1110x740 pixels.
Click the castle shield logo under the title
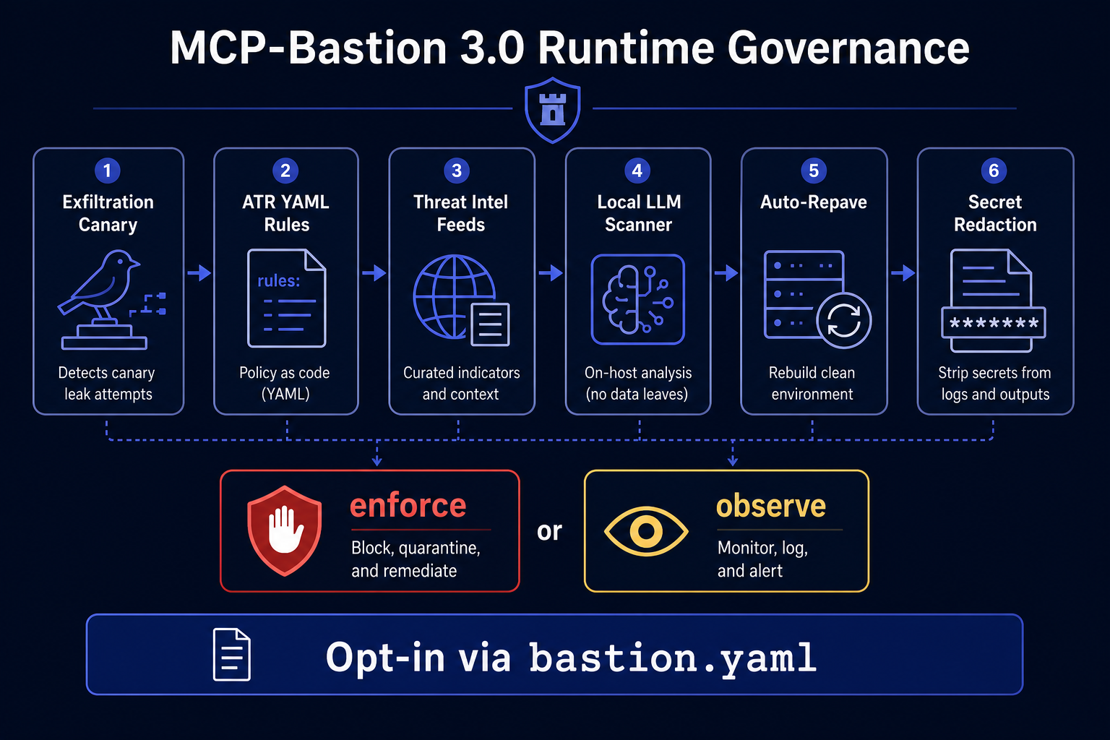pos(553,110)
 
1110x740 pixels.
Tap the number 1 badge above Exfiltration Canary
pos(107,171)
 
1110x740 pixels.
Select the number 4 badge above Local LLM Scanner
pos(637,171)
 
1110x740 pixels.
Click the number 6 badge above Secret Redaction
pos(994,171)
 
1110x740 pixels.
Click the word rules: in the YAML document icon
pos(278,281)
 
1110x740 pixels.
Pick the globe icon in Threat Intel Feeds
pos(454,296)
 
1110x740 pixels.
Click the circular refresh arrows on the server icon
pos(844,320)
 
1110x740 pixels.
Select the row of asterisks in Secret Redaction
pos(994,323)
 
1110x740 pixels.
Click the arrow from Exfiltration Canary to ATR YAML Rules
pos(199,272)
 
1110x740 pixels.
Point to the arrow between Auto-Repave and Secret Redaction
pos(903,272)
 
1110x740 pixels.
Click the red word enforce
pos(408,506)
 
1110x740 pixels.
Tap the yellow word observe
pos(771,507)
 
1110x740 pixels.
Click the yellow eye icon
pos(646,531)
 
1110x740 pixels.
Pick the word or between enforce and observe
pos(549,531)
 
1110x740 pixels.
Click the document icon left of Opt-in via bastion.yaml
pos(231,654)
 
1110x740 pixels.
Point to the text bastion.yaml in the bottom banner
pos(673,658)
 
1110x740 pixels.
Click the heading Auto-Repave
pos(814,202)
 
